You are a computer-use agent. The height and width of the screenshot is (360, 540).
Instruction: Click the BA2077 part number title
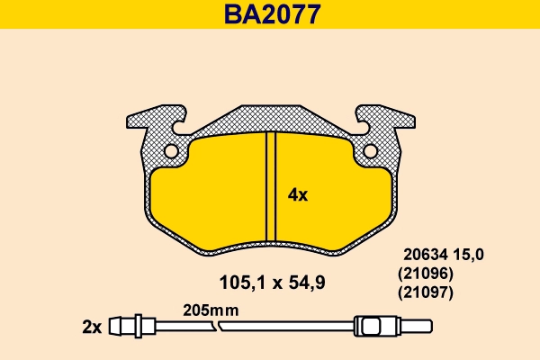[269, 14]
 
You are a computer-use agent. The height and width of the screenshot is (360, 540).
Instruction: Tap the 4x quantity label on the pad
[297, 194]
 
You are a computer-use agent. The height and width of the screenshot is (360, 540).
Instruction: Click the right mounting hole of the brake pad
[370, 151]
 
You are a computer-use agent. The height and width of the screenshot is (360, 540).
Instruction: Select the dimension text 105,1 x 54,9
[272, 283]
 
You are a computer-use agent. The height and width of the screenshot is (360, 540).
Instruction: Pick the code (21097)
[425, 292]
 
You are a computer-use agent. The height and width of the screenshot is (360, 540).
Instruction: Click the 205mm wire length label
[208, 309]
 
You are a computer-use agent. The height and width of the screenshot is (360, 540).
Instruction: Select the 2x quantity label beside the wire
[91, 326]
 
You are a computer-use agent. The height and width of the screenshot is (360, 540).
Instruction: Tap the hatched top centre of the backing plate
[269, 118]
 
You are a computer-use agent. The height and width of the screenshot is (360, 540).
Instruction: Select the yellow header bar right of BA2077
[432, 14]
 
